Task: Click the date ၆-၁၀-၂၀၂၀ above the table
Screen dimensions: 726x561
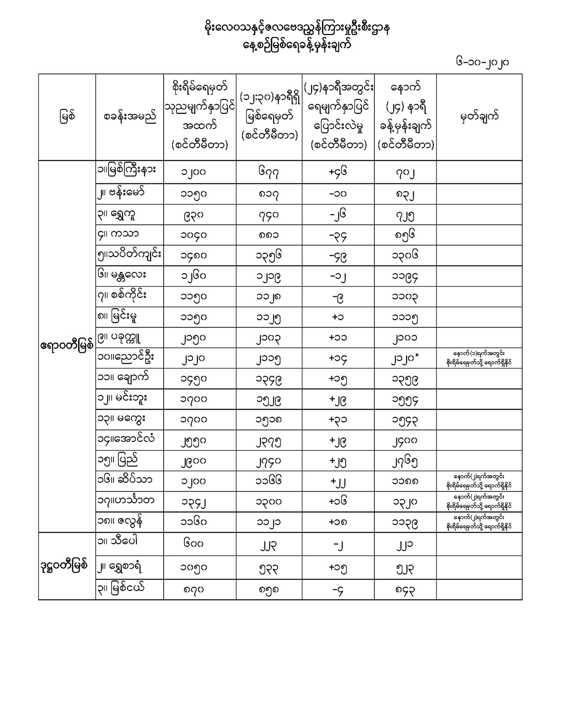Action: (x=482, y=62)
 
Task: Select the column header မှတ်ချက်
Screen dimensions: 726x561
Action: (x=479, y=117)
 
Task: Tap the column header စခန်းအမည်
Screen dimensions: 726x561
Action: (x=129, y=117)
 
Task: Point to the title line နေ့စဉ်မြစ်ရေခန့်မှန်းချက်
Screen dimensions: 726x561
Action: (x=297, y=45)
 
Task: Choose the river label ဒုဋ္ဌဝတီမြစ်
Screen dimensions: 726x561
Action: (x=64, y=565)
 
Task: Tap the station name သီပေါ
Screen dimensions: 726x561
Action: (x=123, y=542)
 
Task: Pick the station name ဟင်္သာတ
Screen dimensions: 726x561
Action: (x=130, y=501)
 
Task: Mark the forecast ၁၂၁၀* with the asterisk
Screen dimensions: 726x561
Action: (x=405, y=359)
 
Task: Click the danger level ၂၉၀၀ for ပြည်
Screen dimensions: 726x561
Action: (x=193, y=461)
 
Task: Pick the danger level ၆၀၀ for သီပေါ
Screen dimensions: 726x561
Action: (x=193, y=543)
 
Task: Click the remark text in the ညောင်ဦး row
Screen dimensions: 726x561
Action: (x=479, y=358)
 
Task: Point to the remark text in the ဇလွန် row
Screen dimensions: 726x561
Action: (x=479, y=522)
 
